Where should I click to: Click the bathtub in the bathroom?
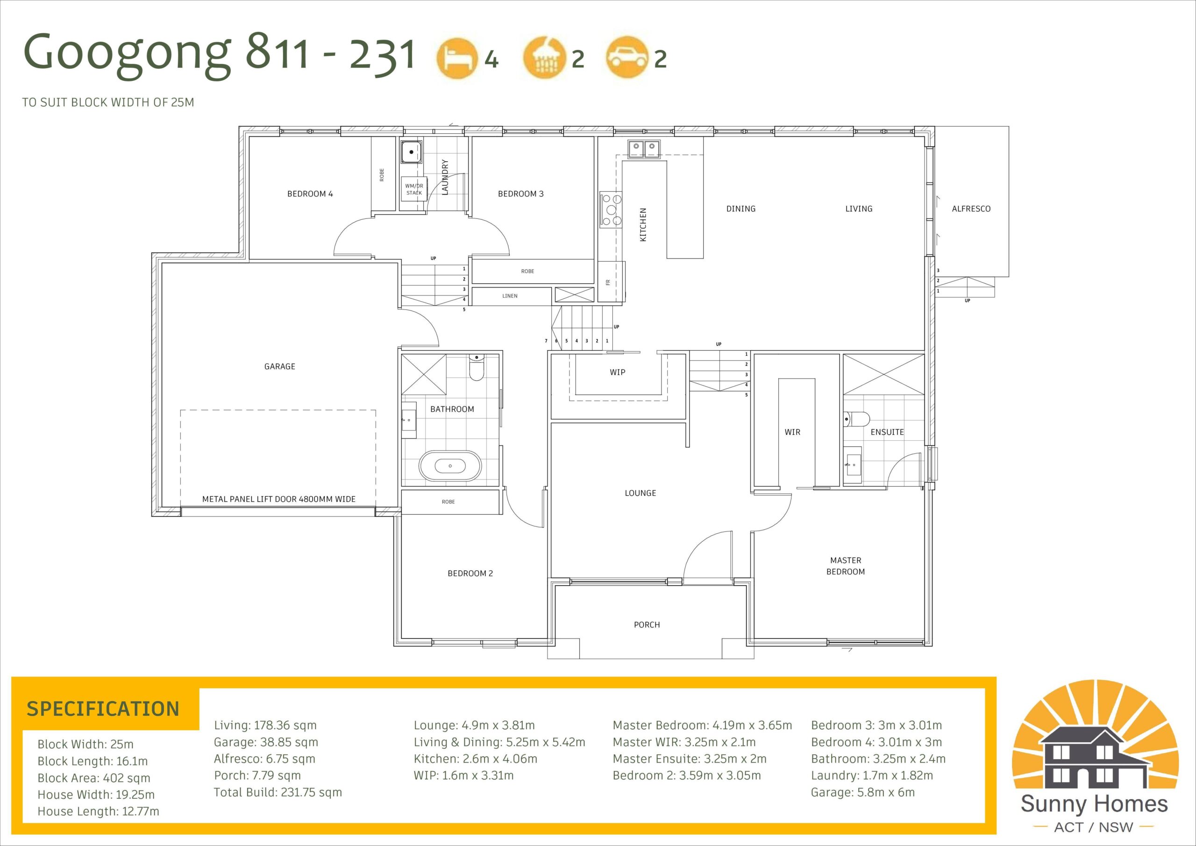(x=450, y=466)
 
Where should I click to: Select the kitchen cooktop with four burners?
(x=611, y=209)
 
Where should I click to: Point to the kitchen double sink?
(x=644, y=149)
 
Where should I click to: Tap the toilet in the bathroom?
(x=477, y=367)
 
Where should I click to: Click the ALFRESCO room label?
(x=971, y=208)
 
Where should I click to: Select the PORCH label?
(x=647, y=624)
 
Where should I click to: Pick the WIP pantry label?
(x=617, y=372)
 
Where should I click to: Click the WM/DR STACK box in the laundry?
(x=414, y=189)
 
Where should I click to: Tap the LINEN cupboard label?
(x=510, y=295)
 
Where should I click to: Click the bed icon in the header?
(x=457, y=59)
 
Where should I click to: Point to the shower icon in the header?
(x=544, y=58)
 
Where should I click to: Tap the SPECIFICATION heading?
(x=103, y=709)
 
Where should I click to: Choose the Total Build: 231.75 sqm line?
(x=278, y=792)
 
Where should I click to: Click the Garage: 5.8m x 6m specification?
(x=862, y=792)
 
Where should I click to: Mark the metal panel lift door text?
(x=279, y=499)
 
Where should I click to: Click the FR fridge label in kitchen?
(x=608, y=282)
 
